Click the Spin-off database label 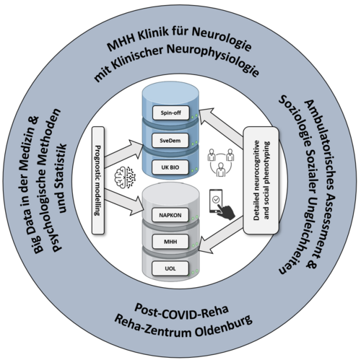171,113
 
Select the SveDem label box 170,141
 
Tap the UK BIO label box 170,167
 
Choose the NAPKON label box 170,215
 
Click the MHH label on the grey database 170,242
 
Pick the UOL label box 170,268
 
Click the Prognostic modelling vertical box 98,180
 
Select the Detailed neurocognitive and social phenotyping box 261,180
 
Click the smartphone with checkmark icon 222,204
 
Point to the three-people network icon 221,162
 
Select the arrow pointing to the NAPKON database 123,201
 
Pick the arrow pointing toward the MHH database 221,235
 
